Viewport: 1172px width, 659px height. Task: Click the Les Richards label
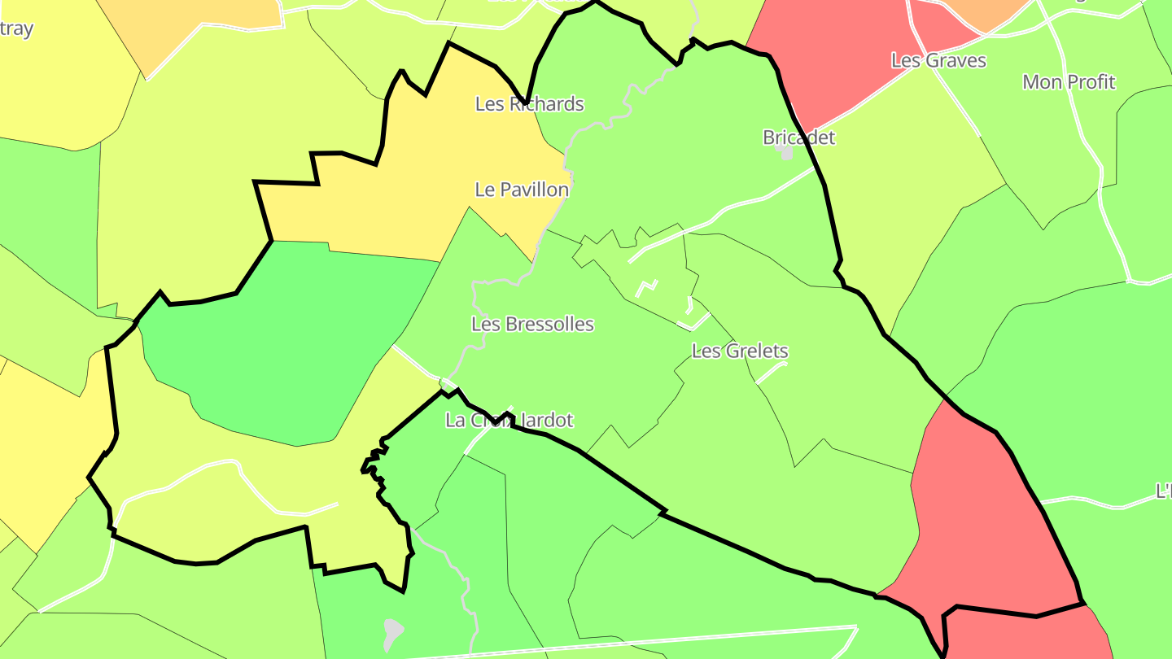(x=529, y=104)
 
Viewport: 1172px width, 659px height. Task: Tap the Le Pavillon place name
(x=522, y=190)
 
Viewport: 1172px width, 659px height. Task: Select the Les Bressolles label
(x=532, y=324)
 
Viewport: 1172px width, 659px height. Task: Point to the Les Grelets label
(x=740, y=351)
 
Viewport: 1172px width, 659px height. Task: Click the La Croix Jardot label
(x=509, y=421)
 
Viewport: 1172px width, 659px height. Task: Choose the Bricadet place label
(x=798, y=137)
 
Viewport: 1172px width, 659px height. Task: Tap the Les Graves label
(x=938, y=60)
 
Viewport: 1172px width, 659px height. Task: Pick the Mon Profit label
(x=1069, y=82)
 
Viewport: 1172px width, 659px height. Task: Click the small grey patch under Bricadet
(x=786, y=153)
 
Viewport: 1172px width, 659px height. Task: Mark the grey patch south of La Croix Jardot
(x=393, y=629)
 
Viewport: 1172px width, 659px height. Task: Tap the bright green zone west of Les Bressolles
(x=285, y=342)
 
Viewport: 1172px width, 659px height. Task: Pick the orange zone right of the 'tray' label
(x=195, y=20)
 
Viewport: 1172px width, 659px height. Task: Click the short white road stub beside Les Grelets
(x=771, y=373)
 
